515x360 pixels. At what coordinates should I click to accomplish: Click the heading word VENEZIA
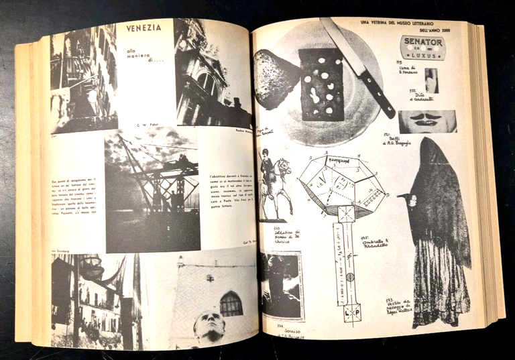click(144, 28)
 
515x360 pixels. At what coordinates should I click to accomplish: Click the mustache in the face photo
click(426, 121)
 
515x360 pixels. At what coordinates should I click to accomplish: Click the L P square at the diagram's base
click(351, 312)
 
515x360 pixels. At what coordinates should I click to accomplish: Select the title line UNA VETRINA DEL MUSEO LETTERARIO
click(406, 21)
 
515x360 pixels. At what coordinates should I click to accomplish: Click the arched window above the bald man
click(231, 304)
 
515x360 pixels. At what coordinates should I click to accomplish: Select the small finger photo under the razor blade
click(430, 80)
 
